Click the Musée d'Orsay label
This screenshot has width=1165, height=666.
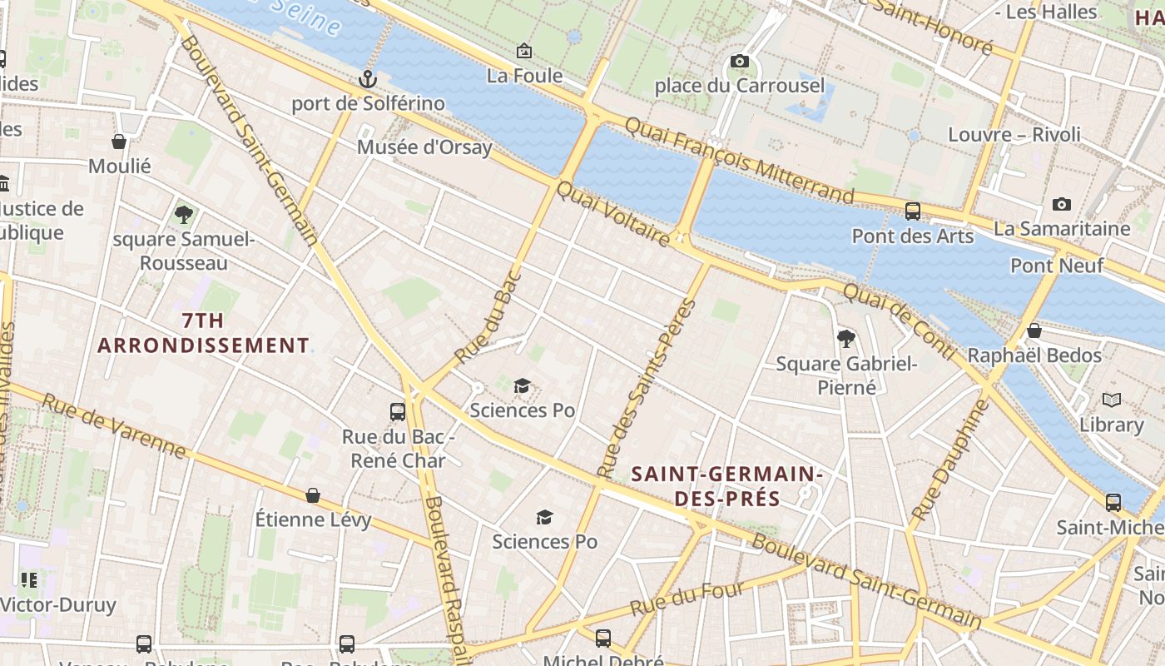click(x=424, y=147)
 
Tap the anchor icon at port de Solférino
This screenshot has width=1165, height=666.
click(x=367, y=79)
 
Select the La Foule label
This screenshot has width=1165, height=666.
click(x=524, y=76)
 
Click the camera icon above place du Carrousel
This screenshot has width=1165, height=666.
click(x=739, y=61)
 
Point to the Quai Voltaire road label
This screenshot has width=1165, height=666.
click(x=612, y=214)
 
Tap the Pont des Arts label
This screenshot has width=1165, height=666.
click(x=912, y=236)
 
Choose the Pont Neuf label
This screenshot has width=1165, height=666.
click(x=1057, y=266)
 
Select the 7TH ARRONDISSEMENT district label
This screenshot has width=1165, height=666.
click(x=203, y=332)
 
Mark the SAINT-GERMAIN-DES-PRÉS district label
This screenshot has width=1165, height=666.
click(x=726, y=486)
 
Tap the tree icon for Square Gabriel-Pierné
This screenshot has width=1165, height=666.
click(x=846, y=338)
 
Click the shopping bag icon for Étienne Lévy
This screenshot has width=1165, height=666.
click(x=313, y=495)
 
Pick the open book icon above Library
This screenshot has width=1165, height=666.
click(x=1111, y=400)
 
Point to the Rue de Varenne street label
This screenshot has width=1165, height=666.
click(x=114, y=425)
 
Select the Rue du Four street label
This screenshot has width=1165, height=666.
click(x=688, y=599)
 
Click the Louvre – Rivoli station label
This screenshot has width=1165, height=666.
click(x=1014, y=135)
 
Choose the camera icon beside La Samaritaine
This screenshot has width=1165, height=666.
click(x=1061, y=204)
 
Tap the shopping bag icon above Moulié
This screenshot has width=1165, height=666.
click(x=119, y=142)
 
